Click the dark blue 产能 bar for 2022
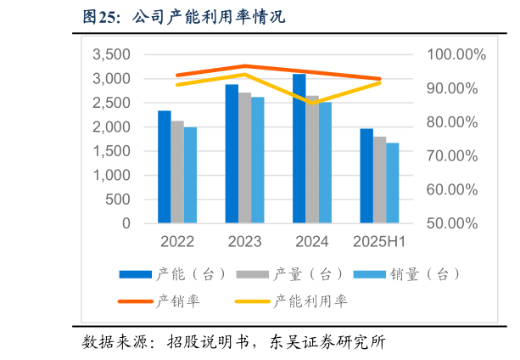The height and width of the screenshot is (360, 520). [164, 167]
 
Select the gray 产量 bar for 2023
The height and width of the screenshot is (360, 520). [244, 158]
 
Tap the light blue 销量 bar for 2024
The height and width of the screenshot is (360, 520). [325, 163]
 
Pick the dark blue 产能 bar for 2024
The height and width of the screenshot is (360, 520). [299, 149]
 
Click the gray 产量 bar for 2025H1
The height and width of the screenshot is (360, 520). [379, 180]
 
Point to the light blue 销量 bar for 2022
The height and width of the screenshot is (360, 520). [190, 176]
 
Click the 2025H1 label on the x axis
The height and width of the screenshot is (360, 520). [379, 242]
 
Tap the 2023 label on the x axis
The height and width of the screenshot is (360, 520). [244, 242]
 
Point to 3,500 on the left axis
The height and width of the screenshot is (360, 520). [111, 54]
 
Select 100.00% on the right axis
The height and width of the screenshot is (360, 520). [456, 54]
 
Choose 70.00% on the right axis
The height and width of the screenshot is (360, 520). [456, 156]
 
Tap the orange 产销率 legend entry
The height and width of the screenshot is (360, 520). [171, 301]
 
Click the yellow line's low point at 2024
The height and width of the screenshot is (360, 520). [311, 103]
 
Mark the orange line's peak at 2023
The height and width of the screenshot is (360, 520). [244, 65]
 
